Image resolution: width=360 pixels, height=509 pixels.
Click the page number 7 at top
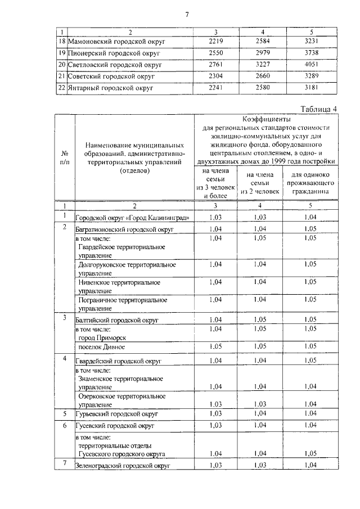pyautogui.click(x=186, y=15)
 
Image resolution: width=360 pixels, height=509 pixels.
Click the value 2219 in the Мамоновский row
pyautogui.click(x=216, y=42)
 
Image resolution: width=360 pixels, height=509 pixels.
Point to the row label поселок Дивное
pyautogui.click(x=103, y=347)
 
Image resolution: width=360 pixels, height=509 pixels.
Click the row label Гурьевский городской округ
pyautogui.click(x=116, y=414)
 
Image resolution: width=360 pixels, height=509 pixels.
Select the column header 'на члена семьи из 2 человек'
pyautogui.click(x=260, y=183)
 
